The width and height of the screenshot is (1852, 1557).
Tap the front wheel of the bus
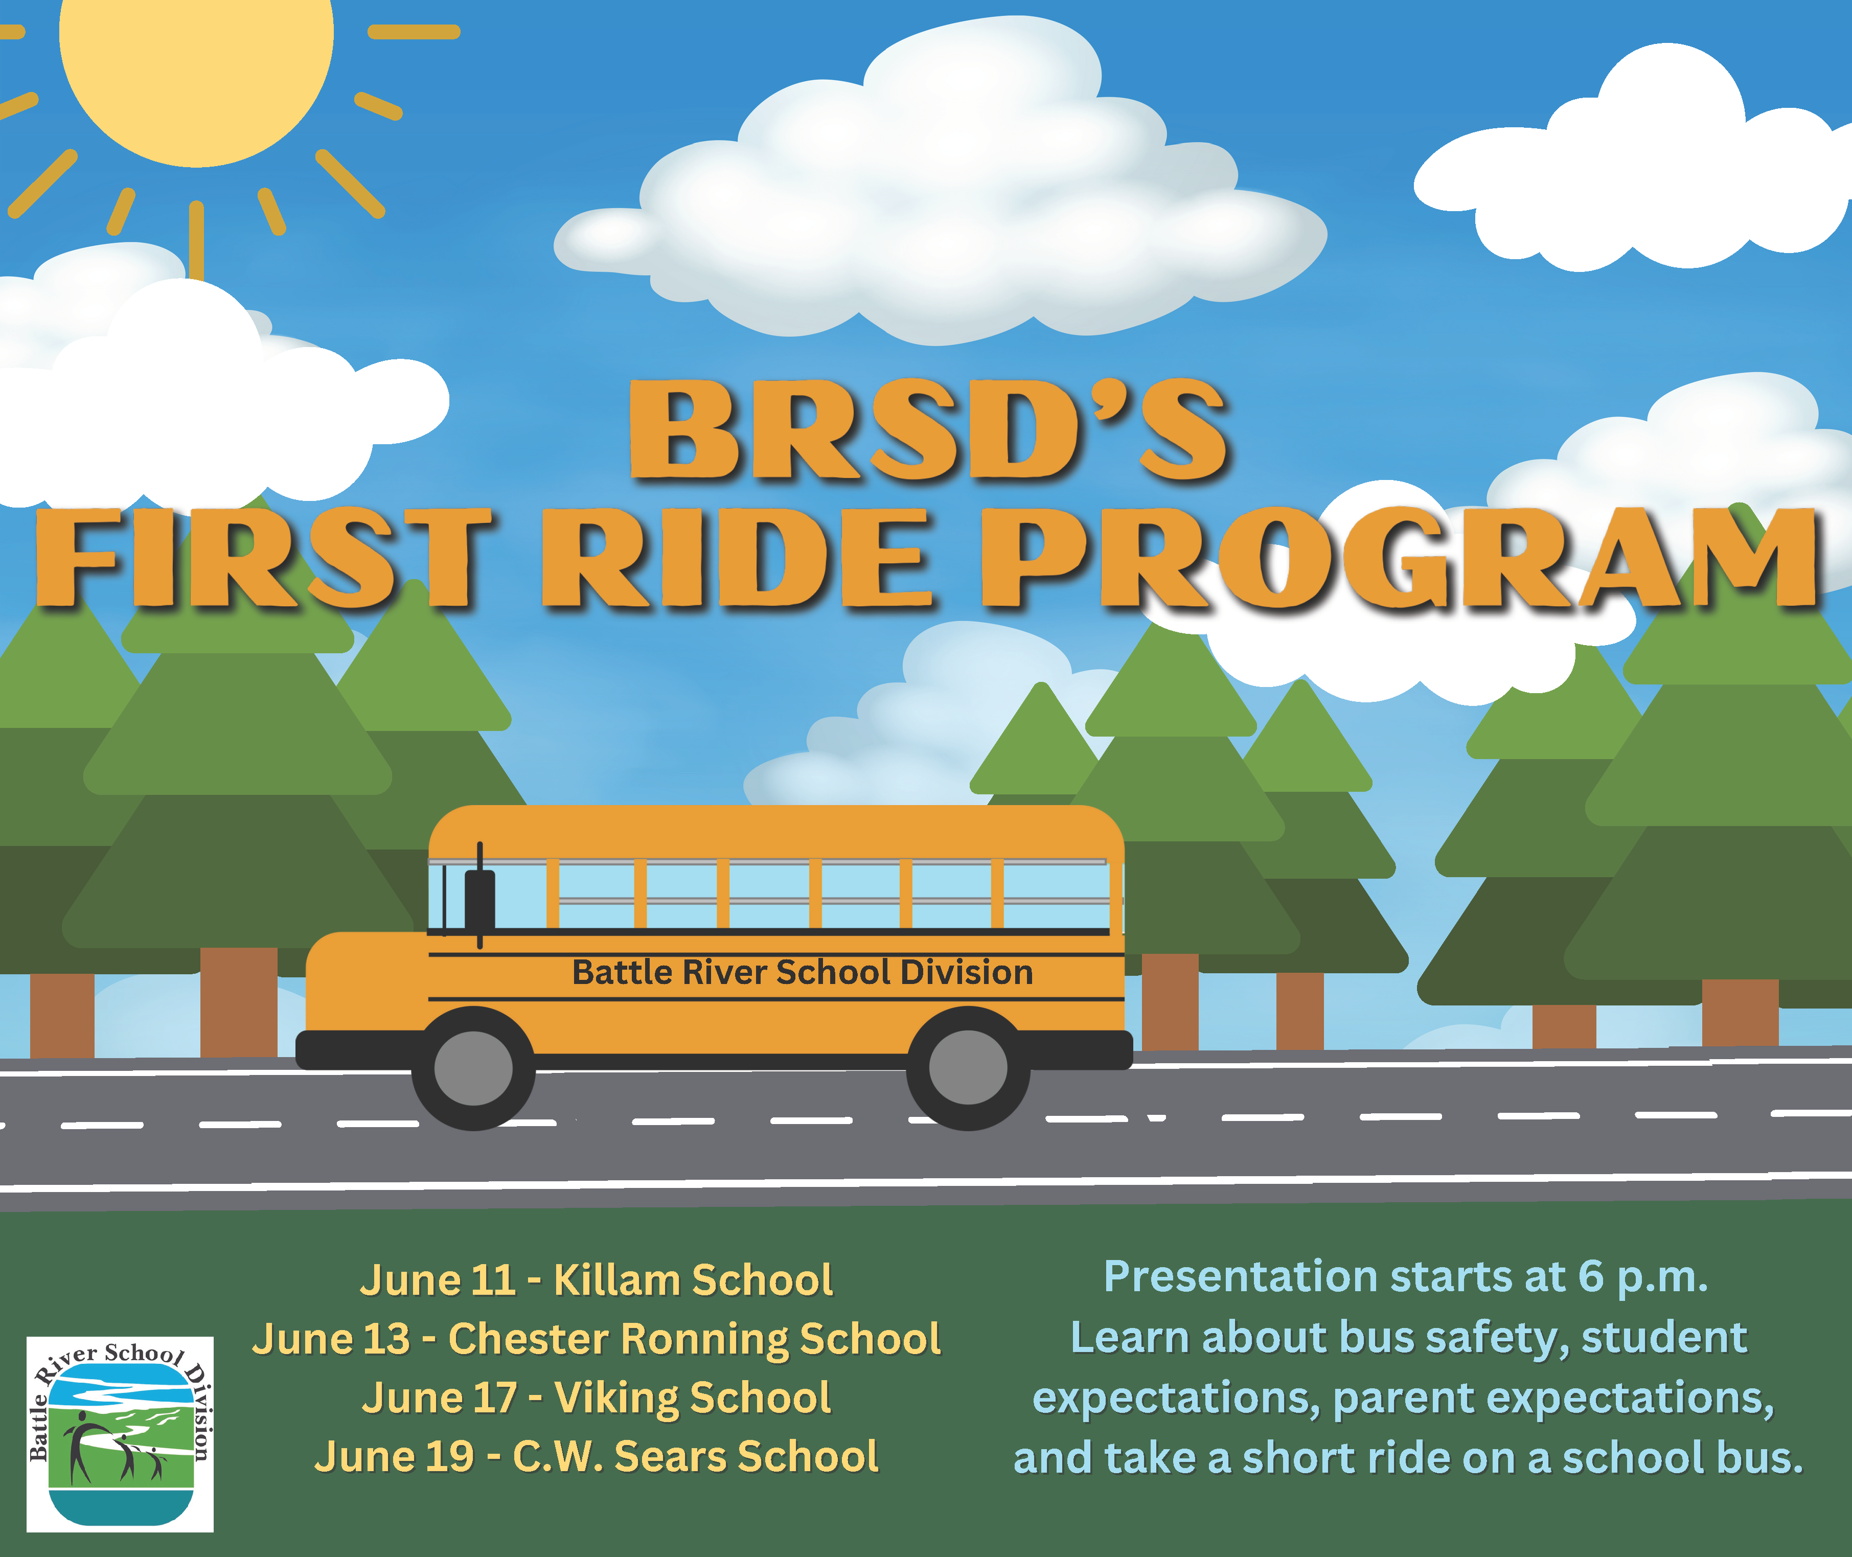(x=473, y=1068)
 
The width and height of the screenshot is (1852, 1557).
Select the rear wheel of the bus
(x=968, y=1068)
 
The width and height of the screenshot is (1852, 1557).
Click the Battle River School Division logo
(x=120, y=1433)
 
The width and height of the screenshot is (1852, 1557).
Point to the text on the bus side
(x=803, y=972)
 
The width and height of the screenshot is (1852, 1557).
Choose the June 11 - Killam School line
(x=596, y=1280)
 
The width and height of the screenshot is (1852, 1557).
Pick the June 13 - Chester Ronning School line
(x=596, y=1339)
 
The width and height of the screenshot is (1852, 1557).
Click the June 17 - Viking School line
(x=596, y=1398)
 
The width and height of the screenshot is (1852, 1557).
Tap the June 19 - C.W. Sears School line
(x=596, y=1456)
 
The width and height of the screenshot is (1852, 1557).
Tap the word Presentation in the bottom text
(x=1240, y=1277)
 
